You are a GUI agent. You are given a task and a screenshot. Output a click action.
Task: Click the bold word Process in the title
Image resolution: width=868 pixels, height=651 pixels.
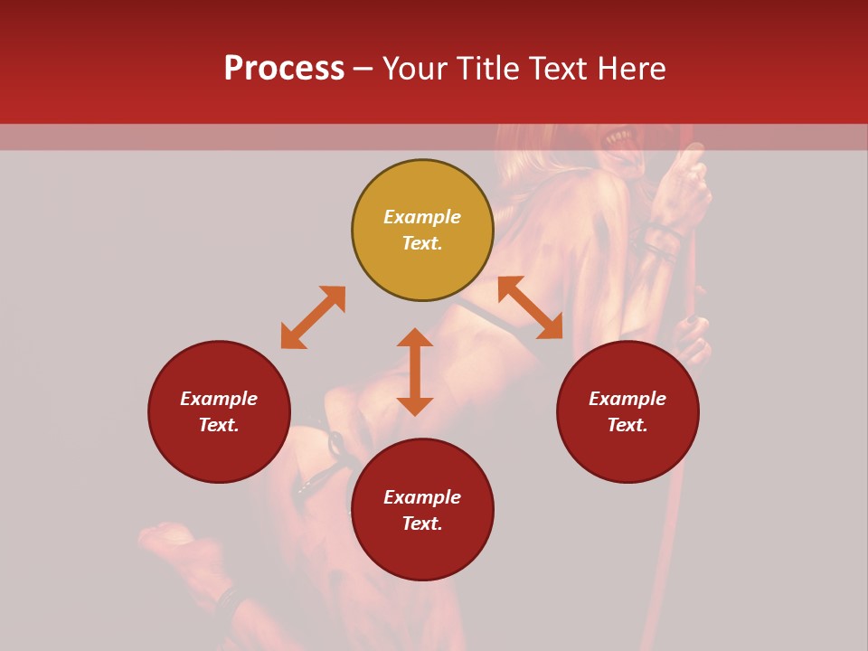284,69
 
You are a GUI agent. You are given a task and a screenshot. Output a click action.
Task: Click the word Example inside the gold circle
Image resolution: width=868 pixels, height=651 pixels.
422,217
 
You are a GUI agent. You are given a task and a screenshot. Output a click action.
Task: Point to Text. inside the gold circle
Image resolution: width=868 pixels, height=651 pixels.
422,243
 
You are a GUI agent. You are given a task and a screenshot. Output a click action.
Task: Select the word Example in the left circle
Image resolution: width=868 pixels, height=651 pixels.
219,399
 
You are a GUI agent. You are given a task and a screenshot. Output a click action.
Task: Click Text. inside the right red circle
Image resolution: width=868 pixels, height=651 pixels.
627,425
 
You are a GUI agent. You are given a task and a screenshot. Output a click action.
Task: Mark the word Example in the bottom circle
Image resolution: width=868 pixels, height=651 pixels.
422,497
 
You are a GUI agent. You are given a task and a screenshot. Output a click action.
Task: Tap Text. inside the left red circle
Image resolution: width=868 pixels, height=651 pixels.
219,425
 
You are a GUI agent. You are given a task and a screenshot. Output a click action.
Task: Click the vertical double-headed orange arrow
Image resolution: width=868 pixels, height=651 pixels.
415,372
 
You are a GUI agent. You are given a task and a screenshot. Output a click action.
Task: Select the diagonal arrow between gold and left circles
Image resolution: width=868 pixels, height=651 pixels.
313,317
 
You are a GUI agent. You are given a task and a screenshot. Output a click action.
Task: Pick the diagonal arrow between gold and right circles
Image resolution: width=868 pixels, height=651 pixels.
530,307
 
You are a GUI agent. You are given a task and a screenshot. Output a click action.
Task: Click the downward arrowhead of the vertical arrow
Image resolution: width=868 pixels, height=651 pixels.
415,406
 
